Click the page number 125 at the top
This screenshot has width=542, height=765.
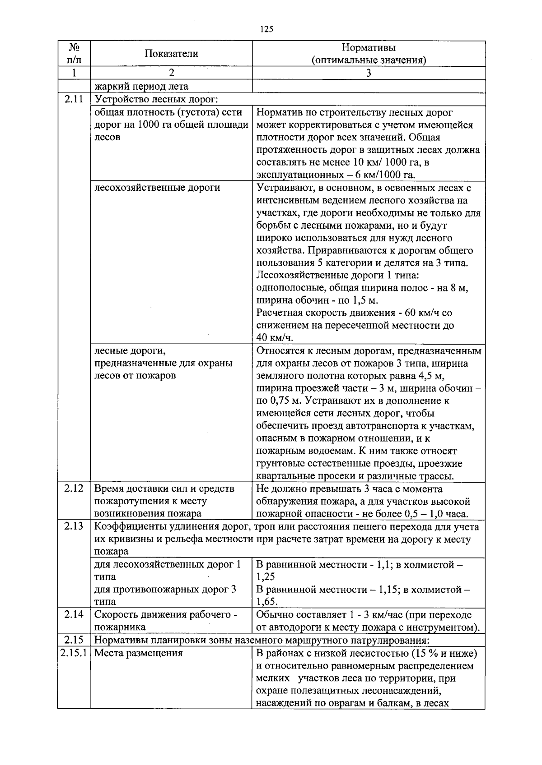click(267, 30)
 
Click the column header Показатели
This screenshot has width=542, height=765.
click(171, 54)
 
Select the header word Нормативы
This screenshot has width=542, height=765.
click(369, 47)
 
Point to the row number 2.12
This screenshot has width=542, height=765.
click(74, 488)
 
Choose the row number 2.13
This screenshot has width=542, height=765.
click(74, 526)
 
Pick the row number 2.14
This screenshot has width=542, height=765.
click(74, 614)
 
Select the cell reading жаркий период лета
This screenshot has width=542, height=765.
click(141, 86)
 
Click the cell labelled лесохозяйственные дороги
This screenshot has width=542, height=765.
click(157, 188)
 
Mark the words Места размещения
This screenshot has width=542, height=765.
click(138, 653)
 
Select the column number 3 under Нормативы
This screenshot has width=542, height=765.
click(369, 73)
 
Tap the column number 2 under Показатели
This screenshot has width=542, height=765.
click(171, 73)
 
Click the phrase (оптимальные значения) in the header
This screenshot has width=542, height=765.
click(369, 60)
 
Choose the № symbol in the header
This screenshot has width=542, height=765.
click(74, 47)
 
